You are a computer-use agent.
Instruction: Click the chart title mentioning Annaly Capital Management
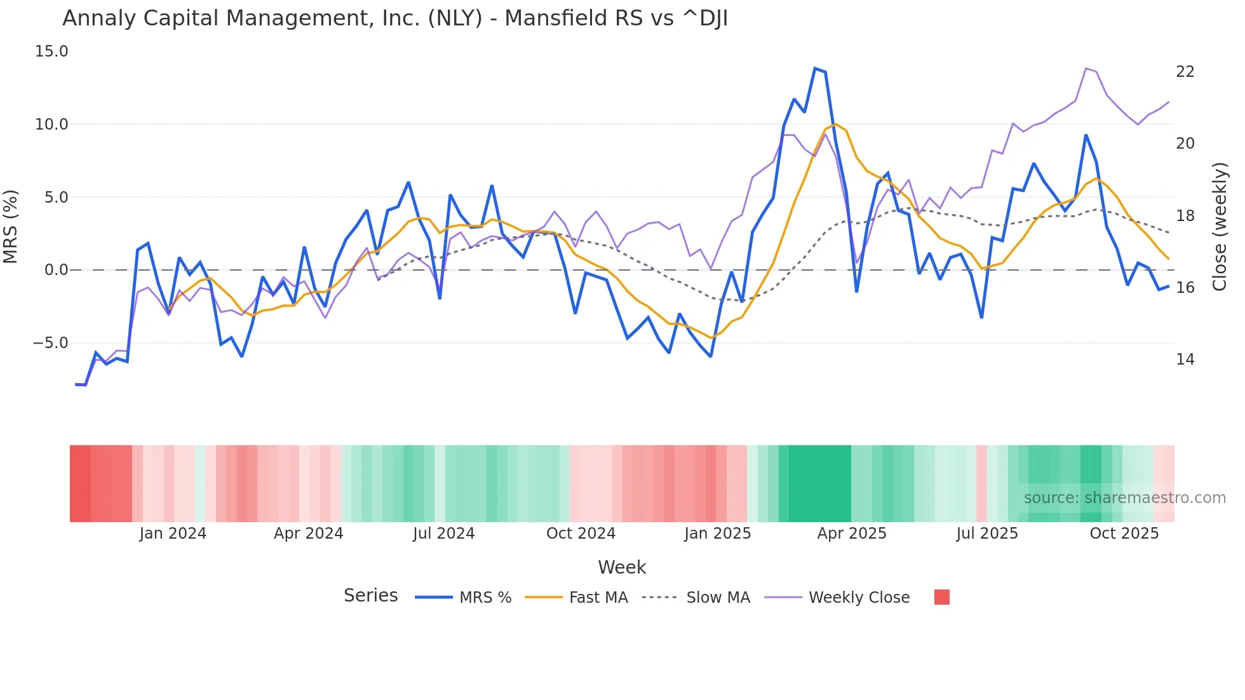pos(394,18)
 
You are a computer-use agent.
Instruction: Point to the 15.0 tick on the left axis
pos(51,51)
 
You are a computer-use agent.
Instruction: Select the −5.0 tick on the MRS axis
pos(50,343)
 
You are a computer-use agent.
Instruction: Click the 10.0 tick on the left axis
pos(51,125)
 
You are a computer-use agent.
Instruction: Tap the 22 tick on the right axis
pos(1185,72)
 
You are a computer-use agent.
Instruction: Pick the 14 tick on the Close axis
pos(1185,360)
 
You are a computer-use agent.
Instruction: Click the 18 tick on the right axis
pos(1185,216)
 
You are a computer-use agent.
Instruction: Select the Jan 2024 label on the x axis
pos(173,534)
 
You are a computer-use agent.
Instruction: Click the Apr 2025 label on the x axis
pos(851,534)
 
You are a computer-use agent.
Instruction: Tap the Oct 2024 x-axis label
pos(581,534)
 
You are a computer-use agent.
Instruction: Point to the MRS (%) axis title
pos(11,226)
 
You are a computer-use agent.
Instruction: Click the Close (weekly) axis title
pos(1219,226)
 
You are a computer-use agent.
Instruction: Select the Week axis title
pos(622,567)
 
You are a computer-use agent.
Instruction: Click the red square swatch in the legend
pos(942,597)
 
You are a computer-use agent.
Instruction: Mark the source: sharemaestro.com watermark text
pos(1124,498)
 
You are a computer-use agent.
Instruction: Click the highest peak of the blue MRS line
pos(815,68)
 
